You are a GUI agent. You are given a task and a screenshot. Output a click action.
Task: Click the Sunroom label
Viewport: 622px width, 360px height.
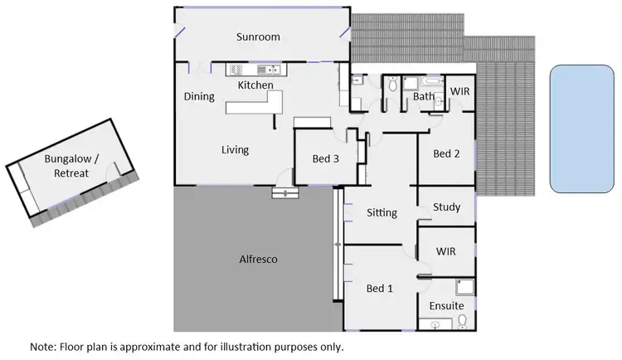(x=257, y=36)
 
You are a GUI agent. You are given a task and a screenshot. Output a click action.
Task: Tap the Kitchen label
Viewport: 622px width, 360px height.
(x=255, y=85)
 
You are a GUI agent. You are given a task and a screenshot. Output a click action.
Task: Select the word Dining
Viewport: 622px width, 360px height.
(x=199, y=96)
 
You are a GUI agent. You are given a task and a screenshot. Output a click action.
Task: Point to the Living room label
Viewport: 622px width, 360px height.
(x=235, y=150)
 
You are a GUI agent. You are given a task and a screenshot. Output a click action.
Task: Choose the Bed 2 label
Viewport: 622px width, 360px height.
(x=446, y=153)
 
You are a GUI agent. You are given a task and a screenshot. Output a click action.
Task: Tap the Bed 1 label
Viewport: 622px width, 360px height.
(x=379, y=289)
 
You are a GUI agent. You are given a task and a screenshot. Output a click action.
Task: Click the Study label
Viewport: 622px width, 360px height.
(x=446, y=207)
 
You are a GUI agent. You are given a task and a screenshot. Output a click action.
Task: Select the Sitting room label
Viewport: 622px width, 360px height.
(x=381, y=212)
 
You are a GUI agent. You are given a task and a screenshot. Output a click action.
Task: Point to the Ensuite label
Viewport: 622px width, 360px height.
(x=447, y=306)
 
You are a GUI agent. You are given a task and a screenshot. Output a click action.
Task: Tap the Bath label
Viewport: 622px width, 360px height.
(x=424, y=97)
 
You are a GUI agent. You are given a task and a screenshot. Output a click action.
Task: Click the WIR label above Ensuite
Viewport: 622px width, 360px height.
(x=446, y=251)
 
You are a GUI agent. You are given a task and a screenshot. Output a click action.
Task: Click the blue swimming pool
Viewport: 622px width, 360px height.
(x=581, y=129)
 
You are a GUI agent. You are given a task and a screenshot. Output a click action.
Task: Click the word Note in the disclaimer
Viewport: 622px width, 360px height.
(x=43, y=346)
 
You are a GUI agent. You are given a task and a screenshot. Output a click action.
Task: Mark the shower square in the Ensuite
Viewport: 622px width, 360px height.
(x=465, y=288)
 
